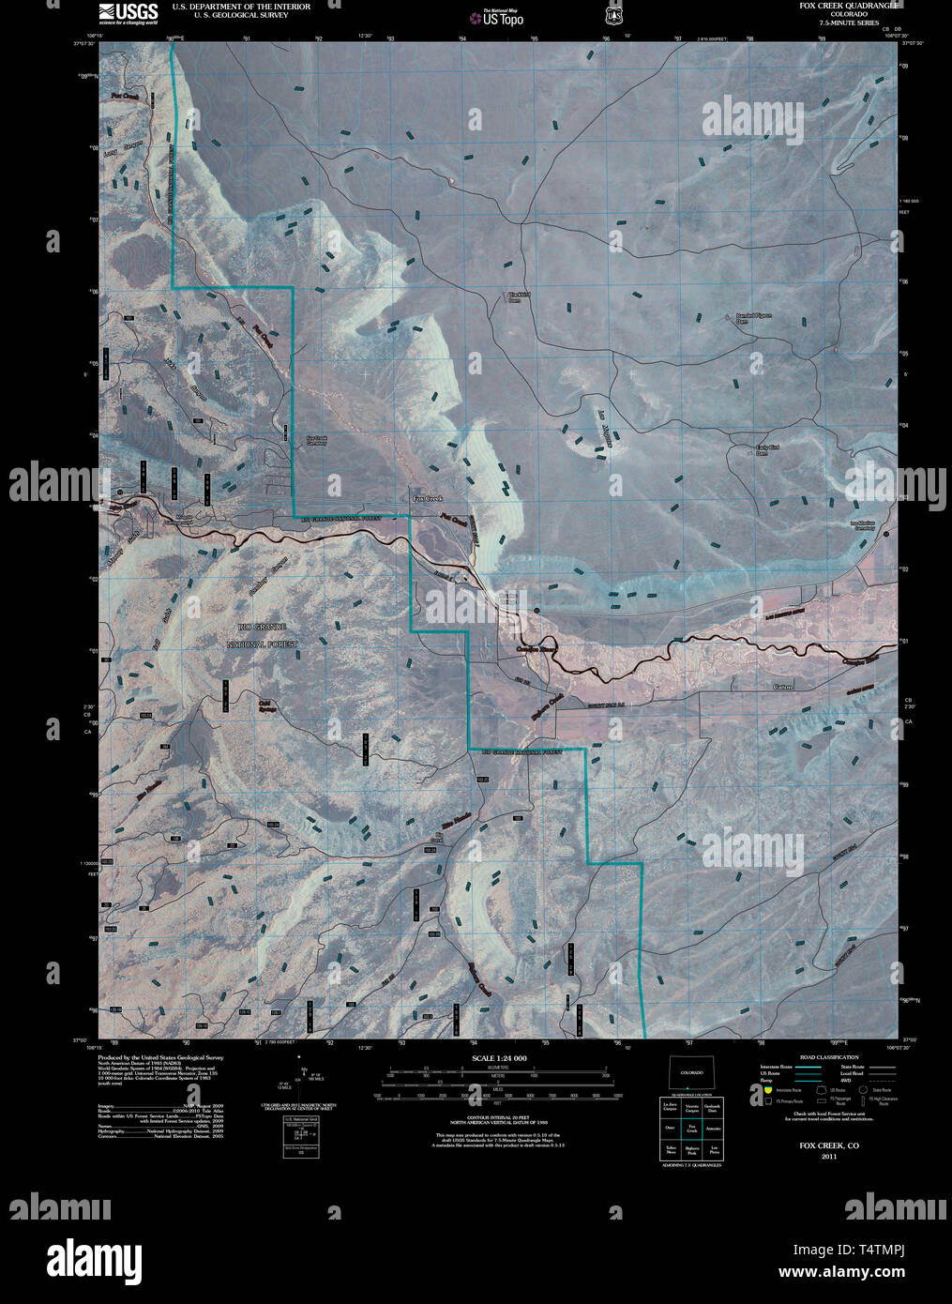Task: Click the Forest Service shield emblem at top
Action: pyautogui.click(x=613, y=15)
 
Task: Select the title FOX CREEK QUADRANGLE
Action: pyautogui.click(x=849, y=6)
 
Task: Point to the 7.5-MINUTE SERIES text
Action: pyautogui.click(x=849, y=23)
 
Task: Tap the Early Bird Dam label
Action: pyautogui.click(x=767, y=450)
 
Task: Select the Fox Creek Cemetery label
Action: pyautogui.click(x=317, y=439)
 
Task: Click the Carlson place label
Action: pyautogui.click(x=783, y=688)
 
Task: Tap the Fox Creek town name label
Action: pyautogui.click(x=427, y=499)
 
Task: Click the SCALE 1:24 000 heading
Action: pyautogui.click(x=500, y=1058)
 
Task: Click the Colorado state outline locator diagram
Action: pyautogui.click(x=691, y=1072)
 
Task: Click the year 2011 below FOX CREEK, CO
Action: pyautogui.click(x=828, y=1157)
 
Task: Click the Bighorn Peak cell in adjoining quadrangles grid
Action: pyautogui.click(x=691, y=1149)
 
